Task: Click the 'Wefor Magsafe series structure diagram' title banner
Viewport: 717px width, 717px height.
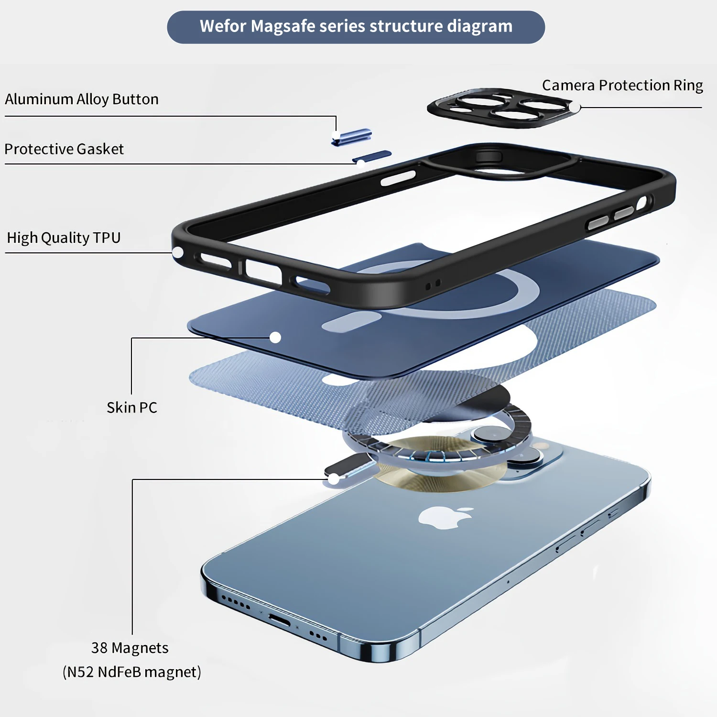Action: (356, 27)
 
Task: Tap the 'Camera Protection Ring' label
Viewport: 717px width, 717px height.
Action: (622, 85)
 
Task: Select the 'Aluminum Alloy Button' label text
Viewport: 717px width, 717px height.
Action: (82, 99)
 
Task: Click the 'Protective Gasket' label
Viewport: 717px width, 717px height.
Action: (64, 149)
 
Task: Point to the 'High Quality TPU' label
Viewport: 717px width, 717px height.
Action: (64, 238)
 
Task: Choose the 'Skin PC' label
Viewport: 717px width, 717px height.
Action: (132, 408)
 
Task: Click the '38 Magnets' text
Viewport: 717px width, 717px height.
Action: (130, 648)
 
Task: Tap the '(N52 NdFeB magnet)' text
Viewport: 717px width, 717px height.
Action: (132, 672)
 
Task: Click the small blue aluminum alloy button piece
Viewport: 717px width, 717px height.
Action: (352, 137)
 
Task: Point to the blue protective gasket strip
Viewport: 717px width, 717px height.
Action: (372, 156)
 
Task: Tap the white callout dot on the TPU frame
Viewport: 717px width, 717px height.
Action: (178, 252)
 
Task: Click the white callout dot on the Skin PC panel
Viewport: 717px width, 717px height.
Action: (275, 337)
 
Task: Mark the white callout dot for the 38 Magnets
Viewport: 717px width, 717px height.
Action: (334, 478)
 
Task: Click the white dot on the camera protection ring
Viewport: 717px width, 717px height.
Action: (574, 108)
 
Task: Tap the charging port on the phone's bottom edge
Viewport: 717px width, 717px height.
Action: (279, 620)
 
